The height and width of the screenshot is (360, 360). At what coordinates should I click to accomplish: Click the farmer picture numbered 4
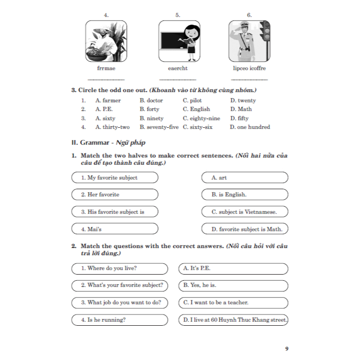pos(106,41)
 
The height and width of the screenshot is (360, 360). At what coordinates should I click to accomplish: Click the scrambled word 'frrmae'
pos(106,68)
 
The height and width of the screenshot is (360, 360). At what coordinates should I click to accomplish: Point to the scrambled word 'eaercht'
pos(177,68)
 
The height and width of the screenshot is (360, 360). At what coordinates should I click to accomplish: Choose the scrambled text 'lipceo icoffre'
pos(249,68)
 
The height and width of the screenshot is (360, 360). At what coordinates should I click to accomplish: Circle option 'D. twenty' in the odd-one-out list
pos(243,101)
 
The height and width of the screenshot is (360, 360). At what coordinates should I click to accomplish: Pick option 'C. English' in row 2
pos(196,109)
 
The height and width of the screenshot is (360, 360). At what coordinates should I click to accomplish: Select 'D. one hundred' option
pos(250,127)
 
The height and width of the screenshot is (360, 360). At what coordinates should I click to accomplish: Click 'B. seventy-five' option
pos(159,127)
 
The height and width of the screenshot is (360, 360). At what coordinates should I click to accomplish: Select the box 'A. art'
pos(245,178)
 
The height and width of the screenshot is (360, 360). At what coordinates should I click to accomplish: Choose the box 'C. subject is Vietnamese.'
pos(245,212)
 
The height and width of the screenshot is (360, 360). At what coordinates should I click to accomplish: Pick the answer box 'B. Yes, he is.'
pos(233,285)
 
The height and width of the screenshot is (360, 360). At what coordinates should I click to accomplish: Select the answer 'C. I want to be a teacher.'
pos(233,303)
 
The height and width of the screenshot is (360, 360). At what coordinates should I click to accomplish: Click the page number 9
pos(287,349)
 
